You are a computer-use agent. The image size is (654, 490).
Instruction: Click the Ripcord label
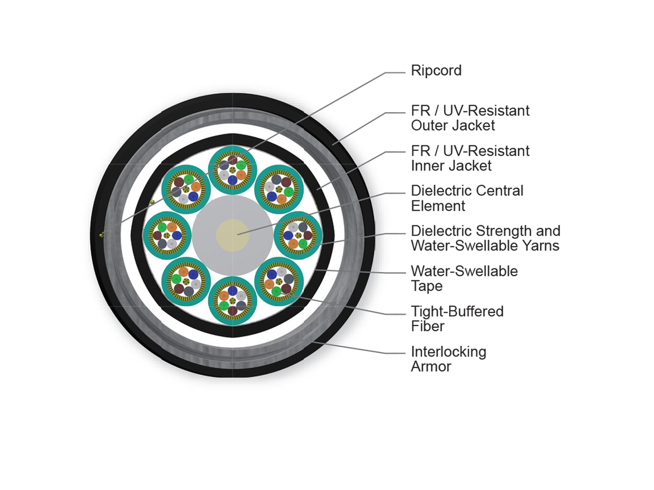[x=436, y=71]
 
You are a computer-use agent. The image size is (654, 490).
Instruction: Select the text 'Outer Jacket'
[x=452, y=125]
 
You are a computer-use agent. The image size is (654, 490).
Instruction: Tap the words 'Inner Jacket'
[x=451, y=166]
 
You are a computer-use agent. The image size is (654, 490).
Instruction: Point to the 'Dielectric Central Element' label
[x=467, y=198]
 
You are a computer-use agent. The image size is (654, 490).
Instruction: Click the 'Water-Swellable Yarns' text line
[x=485, y=246]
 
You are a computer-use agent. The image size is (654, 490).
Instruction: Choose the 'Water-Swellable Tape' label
[x=464, y=278]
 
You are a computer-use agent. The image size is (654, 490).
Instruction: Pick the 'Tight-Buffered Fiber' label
[x=457, y=318]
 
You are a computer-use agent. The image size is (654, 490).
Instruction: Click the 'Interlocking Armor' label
[x=449, y=359]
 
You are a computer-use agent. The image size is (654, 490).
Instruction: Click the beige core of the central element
[x=232, y=235]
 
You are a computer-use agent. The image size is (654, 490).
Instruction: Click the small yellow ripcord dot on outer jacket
[x=101, y=235]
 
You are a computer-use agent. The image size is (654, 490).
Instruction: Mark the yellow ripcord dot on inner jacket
[x=152, y=203]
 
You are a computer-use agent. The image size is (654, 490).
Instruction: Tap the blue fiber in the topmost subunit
[x=232, y=180]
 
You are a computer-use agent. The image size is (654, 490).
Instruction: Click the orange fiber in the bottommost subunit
[x=224, y=296]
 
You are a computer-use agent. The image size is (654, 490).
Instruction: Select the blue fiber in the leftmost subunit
[x=177, y=235]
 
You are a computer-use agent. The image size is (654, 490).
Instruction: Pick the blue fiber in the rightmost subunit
[x=288, y=235]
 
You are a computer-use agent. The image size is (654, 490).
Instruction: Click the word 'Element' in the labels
[x=438, y=206]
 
